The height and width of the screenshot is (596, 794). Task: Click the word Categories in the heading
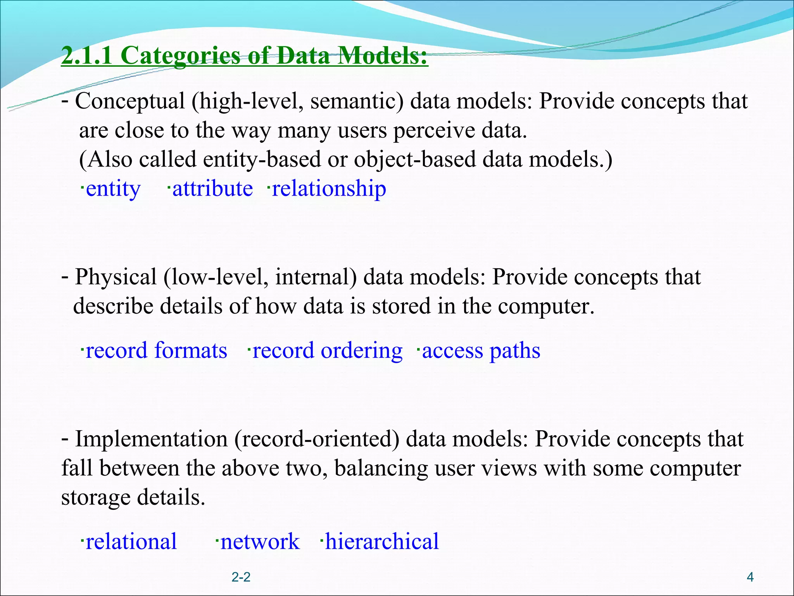(180, 55)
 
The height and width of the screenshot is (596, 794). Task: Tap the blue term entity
(113, 189)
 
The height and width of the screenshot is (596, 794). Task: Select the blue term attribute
(212, 189)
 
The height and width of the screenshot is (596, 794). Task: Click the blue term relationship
(329, 189)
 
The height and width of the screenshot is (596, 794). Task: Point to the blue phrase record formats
(156, 350)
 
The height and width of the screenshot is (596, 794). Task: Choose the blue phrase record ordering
(327, 350)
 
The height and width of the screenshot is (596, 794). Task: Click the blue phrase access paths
(481, 350)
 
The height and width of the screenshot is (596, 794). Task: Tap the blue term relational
(131, 541)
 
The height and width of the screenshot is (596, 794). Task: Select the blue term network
(260, 541)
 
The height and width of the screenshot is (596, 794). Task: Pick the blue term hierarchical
(381, 541)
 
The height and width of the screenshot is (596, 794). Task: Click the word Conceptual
(130, 101)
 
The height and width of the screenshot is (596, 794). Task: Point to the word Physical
(116, 277)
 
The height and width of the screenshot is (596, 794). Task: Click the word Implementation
(151, 439)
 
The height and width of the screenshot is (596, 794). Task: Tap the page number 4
(750, 577)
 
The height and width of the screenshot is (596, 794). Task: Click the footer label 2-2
(241, 577)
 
